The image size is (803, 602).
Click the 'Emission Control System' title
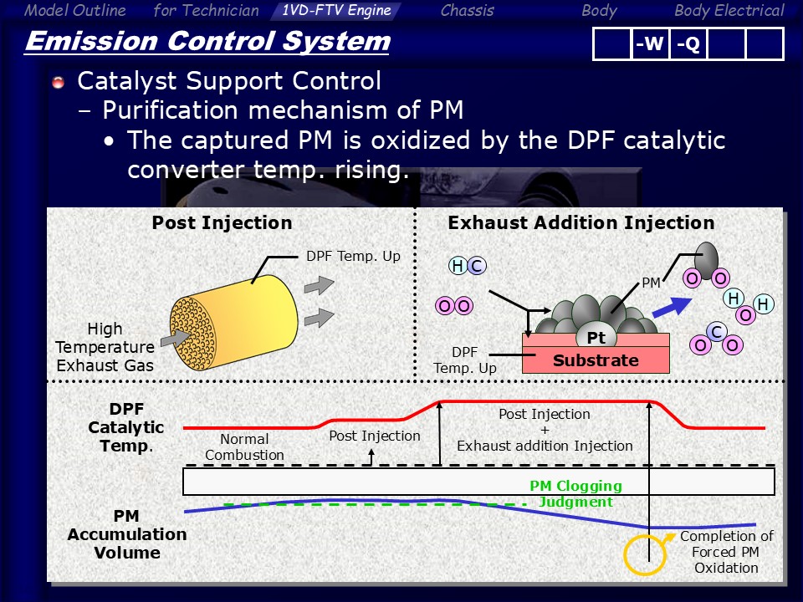pos(208,42)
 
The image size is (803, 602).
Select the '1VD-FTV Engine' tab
pos(336,10)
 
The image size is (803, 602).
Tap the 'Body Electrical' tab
pos(729,10)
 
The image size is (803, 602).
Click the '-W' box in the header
pos(649,44)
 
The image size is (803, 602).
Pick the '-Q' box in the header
pos(688,44)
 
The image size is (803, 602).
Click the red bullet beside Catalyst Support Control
pos(59,82)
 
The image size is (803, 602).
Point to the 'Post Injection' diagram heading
pos(222,222)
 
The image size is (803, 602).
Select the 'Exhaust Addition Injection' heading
pos(581,222)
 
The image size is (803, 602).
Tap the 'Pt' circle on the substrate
pos(596,337)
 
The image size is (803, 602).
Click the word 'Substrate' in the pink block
pos(596,360)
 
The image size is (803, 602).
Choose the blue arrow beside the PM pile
pos(672,307)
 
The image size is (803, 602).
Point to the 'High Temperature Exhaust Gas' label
pos(105,347)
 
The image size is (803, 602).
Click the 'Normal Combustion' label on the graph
pos(244,446)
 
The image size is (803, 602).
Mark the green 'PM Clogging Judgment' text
pos(576,493)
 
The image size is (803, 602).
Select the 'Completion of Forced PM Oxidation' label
pos(726,552)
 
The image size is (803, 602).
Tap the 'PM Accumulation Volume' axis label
pos(127,534)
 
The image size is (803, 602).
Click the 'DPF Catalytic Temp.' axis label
pos(126,427)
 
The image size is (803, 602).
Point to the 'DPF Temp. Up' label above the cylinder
pos(353,256)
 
